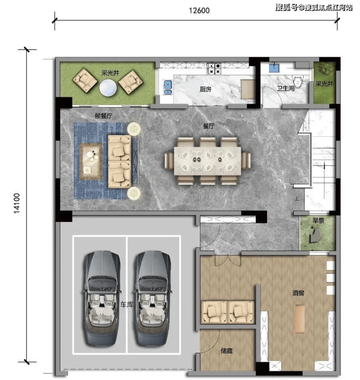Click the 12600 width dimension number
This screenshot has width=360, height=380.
click(199, 10)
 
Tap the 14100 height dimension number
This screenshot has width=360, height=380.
click(17, 203)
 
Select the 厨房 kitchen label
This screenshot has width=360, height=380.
click(205, 90)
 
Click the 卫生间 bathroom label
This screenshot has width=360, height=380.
click(286, 88)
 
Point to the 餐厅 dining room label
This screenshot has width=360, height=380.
click(209, 126)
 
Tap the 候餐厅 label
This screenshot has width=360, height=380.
click(104, 116)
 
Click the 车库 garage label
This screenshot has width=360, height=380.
click(126, 305)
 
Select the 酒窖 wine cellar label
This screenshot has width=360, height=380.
click(298, 293)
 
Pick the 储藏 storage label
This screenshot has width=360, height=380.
click(227, 351)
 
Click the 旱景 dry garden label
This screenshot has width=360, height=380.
click(318, 220)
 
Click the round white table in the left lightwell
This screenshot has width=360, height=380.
click(108, 88)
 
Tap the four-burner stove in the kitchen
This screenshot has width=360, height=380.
click(214, 68)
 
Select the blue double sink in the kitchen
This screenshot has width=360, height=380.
click(168, 87)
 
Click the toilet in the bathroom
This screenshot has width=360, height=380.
click(297, 82)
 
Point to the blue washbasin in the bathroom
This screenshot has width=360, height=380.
click(274, 67)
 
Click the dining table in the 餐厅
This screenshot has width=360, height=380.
click(208, 161)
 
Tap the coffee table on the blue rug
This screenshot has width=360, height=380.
click(91, 161)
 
